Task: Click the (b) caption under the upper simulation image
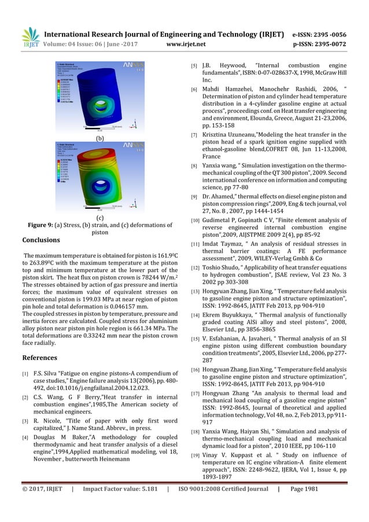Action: coord(99,139)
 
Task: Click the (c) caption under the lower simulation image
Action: coord(99,218)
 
